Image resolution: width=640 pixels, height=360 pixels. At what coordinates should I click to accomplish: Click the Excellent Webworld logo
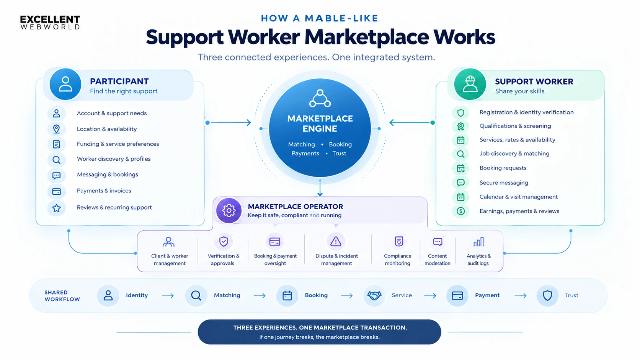click(50, 23)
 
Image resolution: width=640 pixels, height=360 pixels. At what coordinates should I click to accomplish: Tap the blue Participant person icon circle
click(65, 84)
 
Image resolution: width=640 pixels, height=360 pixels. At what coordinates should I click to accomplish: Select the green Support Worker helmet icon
click(470, 84)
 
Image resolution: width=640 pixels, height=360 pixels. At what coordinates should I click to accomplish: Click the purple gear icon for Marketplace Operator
click(229, 210)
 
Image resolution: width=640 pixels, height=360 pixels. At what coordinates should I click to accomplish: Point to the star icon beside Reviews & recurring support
click(57, 208)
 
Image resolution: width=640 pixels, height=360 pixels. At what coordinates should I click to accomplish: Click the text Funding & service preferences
click(118, 144)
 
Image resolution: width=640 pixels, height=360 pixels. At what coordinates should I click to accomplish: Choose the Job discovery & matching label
click(514, 153)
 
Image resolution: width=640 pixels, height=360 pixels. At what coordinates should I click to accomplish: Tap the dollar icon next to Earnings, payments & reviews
click(460, 211)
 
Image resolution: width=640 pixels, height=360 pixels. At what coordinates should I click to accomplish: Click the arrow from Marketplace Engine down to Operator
click(320, 188)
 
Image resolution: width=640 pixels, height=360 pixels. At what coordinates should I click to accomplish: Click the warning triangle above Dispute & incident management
click(336, 241)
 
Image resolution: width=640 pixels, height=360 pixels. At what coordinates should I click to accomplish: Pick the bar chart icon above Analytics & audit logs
click(478, 242)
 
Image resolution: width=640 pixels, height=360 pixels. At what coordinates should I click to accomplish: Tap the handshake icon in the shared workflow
click(374, 295)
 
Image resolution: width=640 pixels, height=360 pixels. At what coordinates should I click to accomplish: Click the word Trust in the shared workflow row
click(571, 295)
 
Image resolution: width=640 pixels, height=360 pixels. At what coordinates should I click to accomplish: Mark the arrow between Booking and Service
click(347, 296)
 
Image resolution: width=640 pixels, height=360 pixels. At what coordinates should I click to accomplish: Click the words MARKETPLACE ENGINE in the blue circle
click(320, 124)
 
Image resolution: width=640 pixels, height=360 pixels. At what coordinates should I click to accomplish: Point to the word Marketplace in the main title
click(367, 37)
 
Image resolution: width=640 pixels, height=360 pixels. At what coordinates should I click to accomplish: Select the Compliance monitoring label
click(397, 259)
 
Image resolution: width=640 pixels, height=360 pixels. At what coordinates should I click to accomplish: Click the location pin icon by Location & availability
click(57, 129)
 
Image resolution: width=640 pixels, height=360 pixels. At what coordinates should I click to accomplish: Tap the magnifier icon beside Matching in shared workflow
click(196, 295)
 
